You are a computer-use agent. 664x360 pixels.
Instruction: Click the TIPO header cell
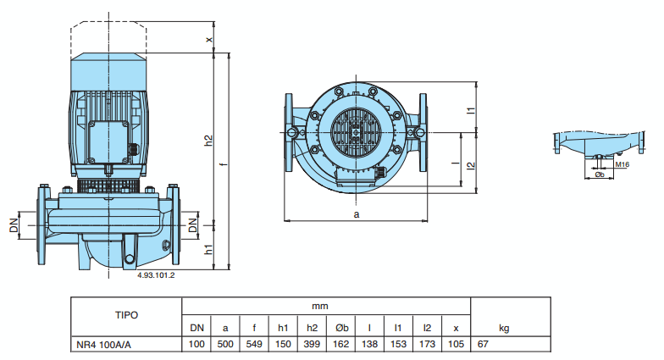coord(125,314)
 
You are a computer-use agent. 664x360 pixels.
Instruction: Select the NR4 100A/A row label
coord(102,344)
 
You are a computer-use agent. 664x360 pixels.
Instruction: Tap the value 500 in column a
coord(225,344)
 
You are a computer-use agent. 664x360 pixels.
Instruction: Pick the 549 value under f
coord(253,344)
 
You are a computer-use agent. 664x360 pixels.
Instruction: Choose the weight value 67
coord(484,344)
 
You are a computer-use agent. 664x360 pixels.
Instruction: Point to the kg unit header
coord(504,328)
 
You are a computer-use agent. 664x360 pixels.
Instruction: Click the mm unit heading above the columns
coord(320,304)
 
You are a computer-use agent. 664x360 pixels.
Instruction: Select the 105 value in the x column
coord(456,344)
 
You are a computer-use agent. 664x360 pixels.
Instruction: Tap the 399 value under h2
coord(311,344)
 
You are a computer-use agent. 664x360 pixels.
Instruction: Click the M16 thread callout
coord(622,165)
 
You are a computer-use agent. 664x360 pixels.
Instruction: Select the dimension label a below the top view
coord(357,215)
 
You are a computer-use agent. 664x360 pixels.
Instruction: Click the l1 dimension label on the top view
coord(468,109)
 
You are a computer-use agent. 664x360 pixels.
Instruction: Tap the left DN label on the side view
coord(14,226)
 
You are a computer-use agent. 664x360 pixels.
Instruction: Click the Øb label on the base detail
coord(600,175)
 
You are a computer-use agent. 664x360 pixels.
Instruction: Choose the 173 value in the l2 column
coord(427,344)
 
